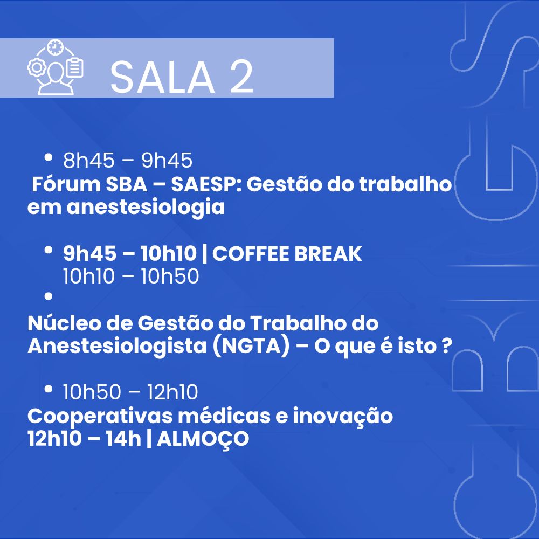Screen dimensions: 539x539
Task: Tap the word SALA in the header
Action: [162, 77]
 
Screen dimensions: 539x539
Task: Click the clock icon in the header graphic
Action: [56, 47]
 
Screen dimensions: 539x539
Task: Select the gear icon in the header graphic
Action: [37, 67]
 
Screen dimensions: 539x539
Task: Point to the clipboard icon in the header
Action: [74, 68]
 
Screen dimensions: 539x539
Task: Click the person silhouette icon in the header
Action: [56, 79]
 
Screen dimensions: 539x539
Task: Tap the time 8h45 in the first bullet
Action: [89, 161]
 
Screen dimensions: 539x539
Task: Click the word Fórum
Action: [66, 184]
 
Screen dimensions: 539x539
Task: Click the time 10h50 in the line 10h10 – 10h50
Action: [170, 277]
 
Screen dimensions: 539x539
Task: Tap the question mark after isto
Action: [445, 345]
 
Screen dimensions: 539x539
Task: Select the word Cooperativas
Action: [100, 416]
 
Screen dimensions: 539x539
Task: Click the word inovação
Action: [343, 416]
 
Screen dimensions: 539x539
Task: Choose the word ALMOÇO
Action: [203, 439]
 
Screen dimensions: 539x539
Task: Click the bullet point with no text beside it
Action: [48, 296]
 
